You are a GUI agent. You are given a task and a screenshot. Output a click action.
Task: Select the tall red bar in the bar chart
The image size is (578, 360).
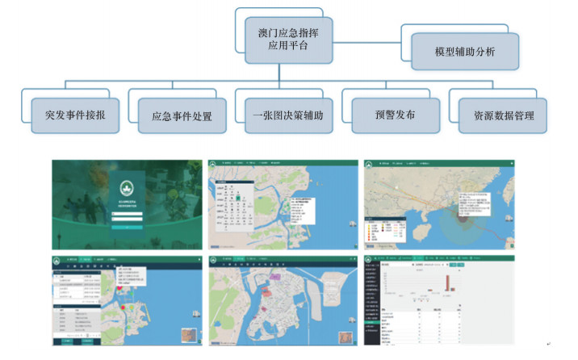[446, 283]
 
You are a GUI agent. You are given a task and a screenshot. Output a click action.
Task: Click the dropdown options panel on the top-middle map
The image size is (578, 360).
[231, 207]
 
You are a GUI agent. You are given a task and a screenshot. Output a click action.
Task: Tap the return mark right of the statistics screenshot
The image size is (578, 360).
[549, 344]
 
